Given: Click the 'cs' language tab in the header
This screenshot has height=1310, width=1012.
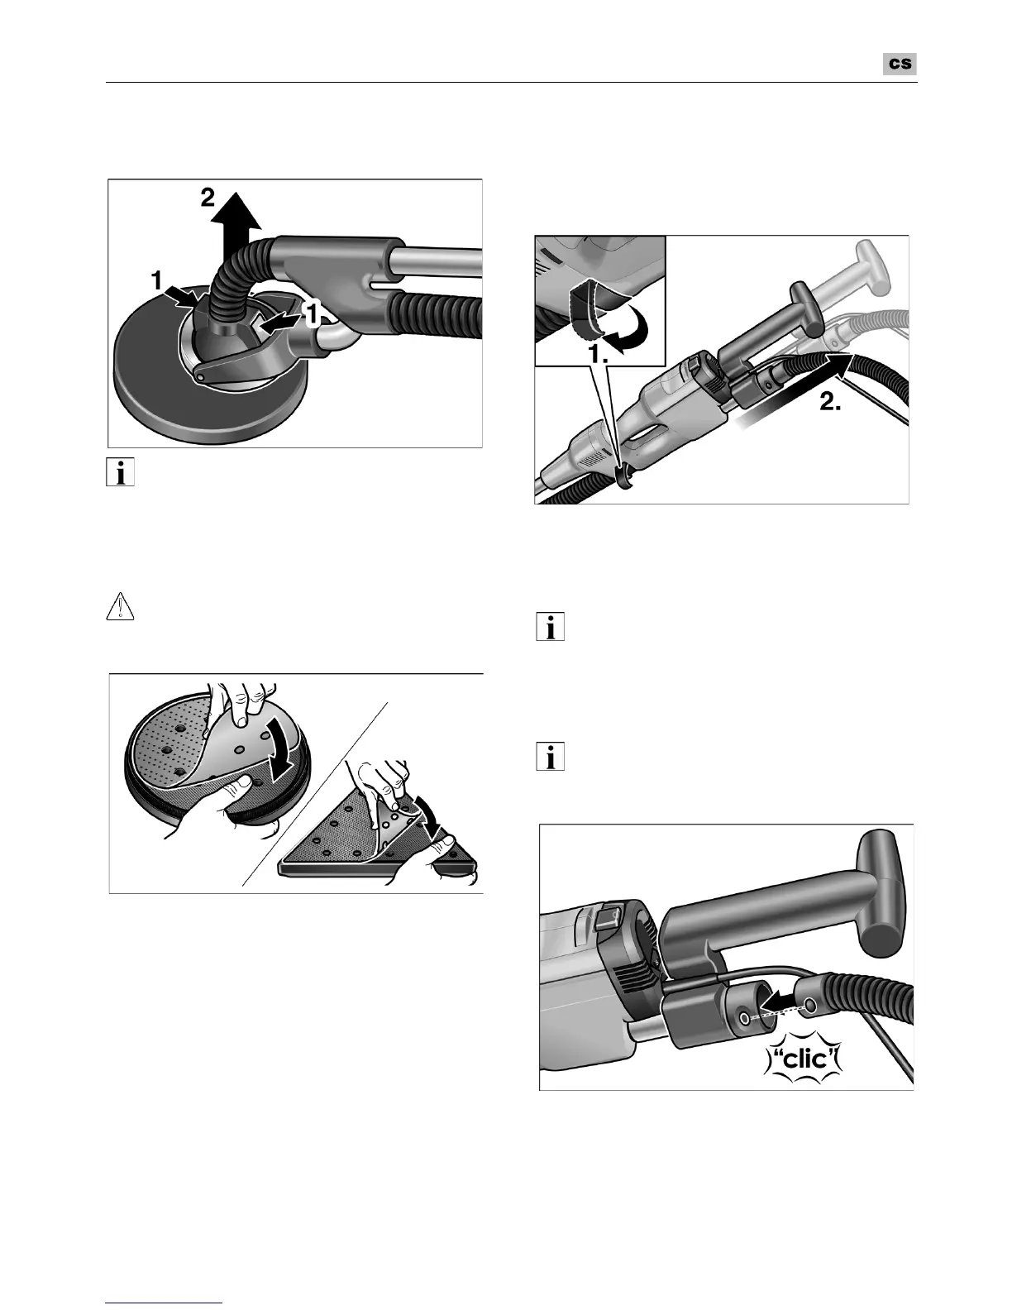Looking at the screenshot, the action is pos(900,64).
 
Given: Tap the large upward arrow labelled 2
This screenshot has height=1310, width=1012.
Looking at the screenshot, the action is pos(239,226).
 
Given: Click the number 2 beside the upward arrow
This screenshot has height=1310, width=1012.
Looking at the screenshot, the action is pos(208,197).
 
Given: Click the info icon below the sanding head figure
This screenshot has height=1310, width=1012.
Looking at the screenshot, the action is pos(120,472).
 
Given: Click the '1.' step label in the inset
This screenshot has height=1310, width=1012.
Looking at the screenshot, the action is pos(599,355).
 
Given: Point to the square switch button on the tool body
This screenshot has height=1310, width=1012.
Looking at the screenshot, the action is pos(607,917).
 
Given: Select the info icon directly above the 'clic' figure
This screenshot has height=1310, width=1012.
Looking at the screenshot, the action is pos(551,756).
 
